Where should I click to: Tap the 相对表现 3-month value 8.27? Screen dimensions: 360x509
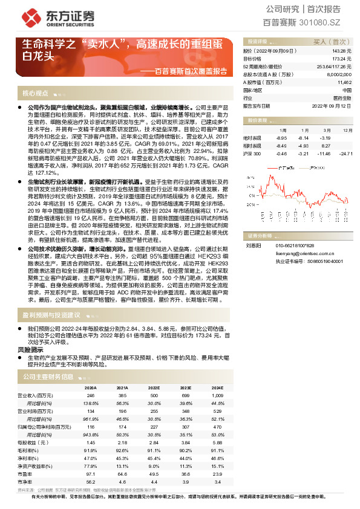(325, 146)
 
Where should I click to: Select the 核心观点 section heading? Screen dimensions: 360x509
(35, 94)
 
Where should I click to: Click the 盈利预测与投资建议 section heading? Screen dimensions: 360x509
(51, 315)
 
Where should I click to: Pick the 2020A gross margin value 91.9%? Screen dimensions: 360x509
(90, 450)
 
